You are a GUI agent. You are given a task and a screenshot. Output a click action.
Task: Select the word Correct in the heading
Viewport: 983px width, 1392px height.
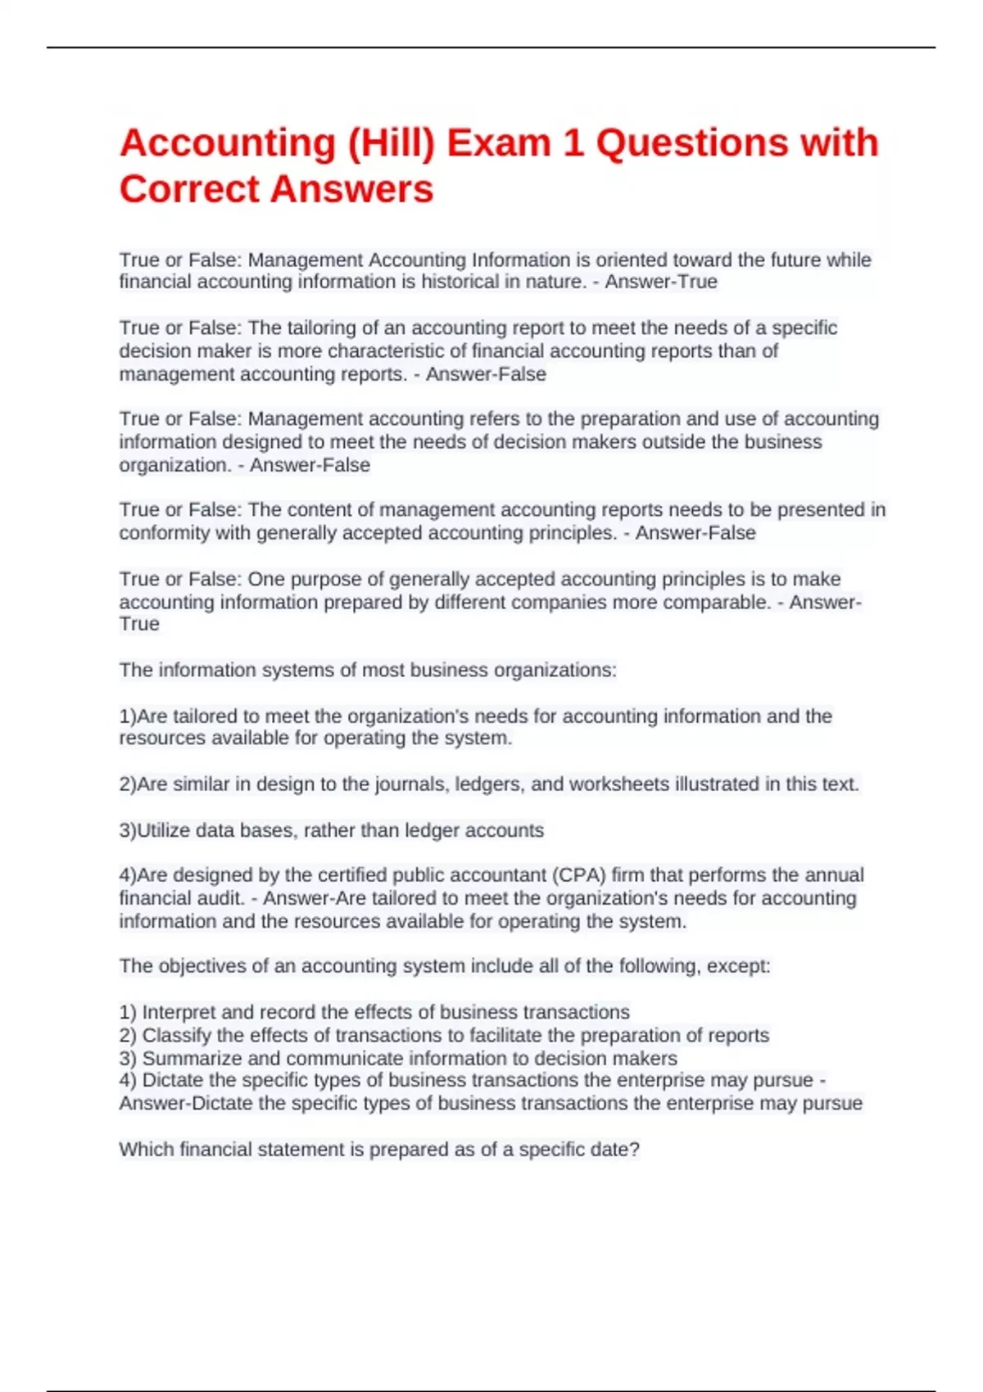coord(190,190)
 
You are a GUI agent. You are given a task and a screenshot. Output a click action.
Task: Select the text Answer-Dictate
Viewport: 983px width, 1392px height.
coord(185,1104)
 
